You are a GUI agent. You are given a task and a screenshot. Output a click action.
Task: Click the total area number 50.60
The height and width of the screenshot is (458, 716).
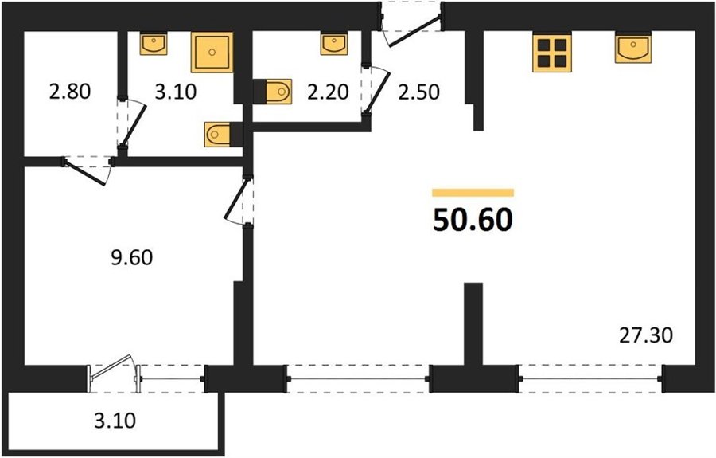(x=473, y=221)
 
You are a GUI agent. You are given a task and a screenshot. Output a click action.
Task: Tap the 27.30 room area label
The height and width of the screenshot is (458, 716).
(x=646, y=336)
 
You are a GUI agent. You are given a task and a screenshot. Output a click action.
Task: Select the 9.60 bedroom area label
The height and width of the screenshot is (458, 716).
(x=132, y=258)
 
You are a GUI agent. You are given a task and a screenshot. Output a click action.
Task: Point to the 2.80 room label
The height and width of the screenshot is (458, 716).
(x=70, y=92)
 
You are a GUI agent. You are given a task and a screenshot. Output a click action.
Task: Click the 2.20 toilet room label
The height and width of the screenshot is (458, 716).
(x=328, y=92)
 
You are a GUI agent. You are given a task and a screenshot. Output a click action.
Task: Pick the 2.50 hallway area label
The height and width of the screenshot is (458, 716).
(x=418, y=92)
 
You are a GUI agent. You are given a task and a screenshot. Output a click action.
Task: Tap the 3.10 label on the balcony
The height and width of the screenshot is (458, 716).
(x=115, y=421)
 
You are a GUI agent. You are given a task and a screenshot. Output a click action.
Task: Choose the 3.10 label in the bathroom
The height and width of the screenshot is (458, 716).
(x=176, y=92)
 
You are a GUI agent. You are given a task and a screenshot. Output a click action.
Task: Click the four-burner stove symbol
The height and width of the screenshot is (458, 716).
(x=552, y=53)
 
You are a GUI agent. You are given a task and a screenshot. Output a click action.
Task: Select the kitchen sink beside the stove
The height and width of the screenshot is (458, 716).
(x=633, y=48)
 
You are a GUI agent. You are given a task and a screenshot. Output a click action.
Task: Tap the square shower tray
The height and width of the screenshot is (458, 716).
(x=212, y=52)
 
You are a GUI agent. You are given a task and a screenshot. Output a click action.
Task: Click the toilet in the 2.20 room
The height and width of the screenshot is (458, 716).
(x=273, y=92)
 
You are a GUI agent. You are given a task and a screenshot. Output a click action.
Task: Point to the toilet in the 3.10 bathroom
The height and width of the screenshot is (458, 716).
(x=224, y=135)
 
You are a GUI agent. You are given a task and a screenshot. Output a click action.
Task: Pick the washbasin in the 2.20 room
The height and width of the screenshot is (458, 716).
(x=334, y=44)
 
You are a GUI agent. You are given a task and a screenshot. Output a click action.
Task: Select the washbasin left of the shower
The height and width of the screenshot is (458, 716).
(x=154, y=44)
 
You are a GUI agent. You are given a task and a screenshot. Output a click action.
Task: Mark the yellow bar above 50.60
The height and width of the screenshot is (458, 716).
(x=473, y=193)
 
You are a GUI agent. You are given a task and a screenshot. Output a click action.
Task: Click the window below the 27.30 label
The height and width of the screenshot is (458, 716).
(x=590, y=378)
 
